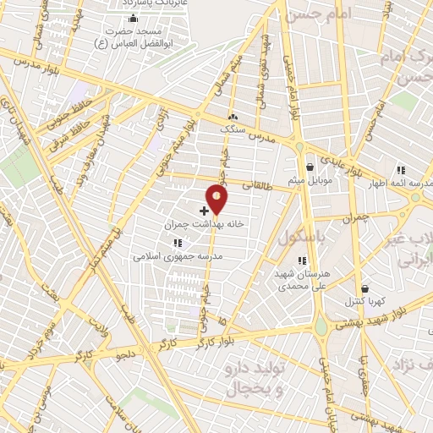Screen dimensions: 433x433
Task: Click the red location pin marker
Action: click(x=217, y=199)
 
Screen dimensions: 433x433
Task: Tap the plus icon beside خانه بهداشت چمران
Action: click(x=205, y=209)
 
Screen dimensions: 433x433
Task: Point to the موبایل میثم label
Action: click(x=311, y=181)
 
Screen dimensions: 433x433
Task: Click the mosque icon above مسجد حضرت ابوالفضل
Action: click(x=130, y=18)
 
